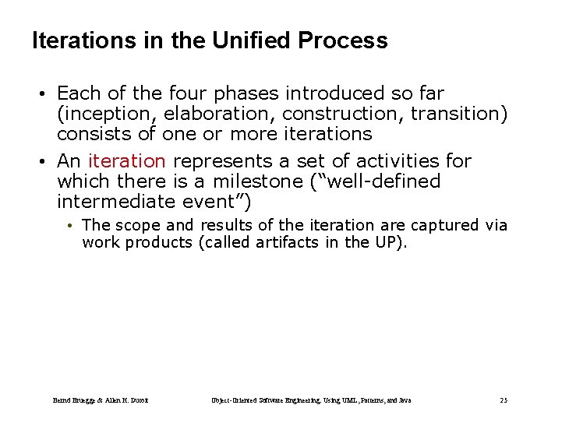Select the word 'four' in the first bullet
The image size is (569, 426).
click(195, 94)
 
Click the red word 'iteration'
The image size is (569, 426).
click(127, 161)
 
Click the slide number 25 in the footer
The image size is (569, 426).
click(504, 400)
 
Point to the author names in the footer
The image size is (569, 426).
click(101, 400)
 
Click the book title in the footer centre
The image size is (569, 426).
click(311, 400)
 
